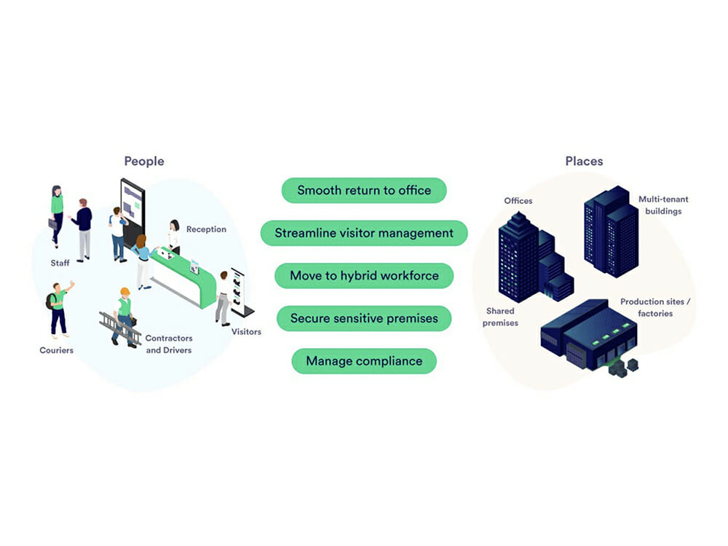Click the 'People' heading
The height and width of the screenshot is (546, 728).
click(x=144, y=161)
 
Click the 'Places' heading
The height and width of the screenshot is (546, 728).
click(x=584, y=161)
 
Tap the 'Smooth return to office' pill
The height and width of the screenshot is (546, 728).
click(x=364, y=191)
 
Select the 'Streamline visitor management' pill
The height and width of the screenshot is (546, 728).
click(x=364, y=233)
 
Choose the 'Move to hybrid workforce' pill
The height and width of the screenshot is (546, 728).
click(x=364, y=276)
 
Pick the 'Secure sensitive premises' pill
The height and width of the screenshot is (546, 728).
click(x=364, y=318)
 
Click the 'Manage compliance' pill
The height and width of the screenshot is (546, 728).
click(x=364, y=361)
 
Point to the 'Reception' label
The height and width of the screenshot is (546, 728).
click(x=206, y=229)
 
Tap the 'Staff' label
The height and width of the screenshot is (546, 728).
click(x=60, y=263)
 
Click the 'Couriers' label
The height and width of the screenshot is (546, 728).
click(x=56, y=350)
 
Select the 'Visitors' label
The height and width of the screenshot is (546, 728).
click(x=246, y=332)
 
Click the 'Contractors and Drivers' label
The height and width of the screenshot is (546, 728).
click(x=169, y=344)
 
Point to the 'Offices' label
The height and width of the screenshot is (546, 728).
click(x=518, y=201)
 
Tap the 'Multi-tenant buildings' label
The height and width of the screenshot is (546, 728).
click(x=663, y=205)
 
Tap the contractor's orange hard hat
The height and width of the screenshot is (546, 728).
click(x=124, y=292)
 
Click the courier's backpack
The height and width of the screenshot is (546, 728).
click(x=50, y=300)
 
